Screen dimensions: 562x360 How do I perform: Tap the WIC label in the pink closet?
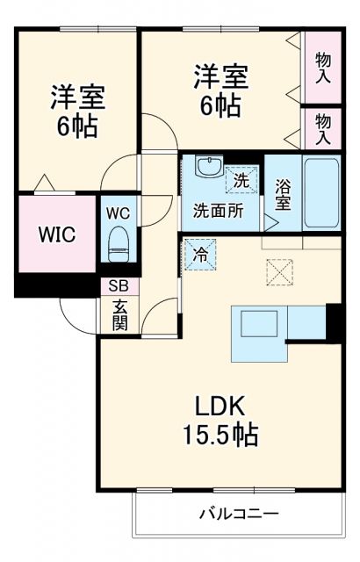(x=55, y=234)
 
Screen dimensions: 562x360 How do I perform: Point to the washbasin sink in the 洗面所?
(x=208, y=167)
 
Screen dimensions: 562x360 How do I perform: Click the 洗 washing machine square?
(x=241, y=180)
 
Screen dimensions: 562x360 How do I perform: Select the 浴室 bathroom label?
(x=283, y=194)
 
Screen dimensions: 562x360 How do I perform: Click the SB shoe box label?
(x=118, y=286)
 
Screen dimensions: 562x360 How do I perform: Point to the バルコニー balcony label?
(x=238, y=514)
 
